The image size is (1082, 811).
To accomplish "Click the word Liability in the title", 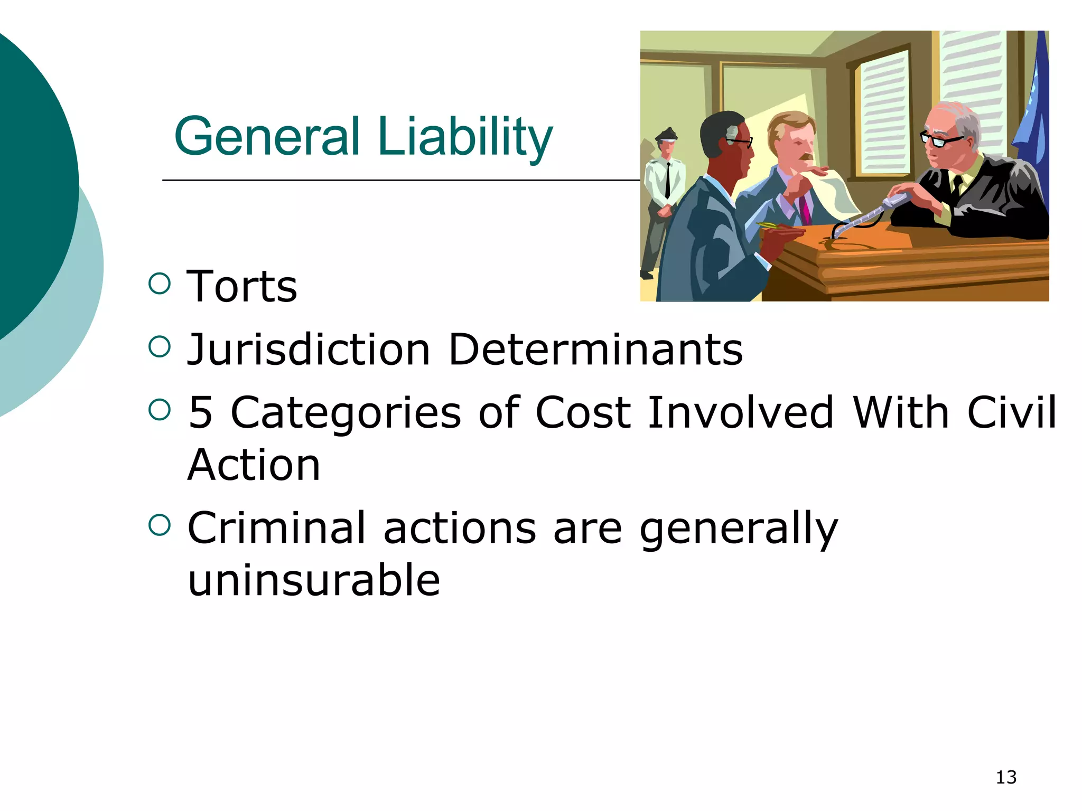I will click(x=465, y=137).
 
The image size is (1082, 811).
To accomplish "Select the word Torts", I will click(x=242, y=287).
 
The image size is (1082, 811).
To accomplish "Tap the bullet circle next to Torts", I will click(x=160, y=284).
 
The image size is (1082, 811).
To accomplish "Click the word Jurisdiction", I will click(x=309, y=350).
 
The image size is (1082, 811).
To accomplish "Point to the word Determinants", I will click(x=595, y=350).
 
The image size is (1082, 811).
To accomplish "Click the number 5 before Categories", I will click(x=200, y=412).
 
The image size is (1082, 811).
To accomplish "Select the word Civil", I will click(x=1011, y=412).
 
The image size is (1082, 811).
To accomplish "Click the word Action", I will click(x=254, y=465).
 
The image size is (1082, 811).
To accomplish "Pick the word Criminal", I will click(x=276, y=527).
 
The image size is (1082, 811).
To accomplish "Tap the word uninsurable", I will click(x=314, y=580).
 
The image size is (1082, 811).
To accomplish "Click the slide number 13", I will click(x=1006, y=777).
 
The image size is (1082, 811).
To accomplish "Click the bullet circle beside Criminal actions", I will click(x=160, y=525).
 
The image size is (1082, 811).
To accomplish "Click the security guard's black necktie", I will click(x=668, y=180).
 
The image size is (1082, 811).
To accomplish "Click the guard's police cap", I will click(x=667, y=134).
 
